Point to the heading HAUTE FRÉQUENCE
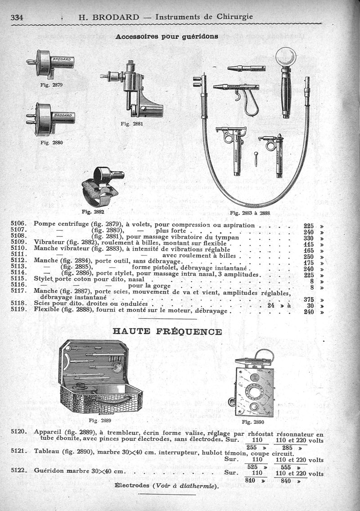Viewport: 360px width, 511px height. tap(166, 332)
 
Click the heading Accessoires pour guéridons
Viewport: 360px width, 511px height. tap(167, 36)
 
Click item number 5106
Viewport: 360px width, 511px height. tap(19, 225)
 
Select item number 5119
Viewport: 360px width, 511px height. tap(19, 310)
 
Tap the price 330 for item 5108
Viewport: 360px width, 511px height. tap(308, 238)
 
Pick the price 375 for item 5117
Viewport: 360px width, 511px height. tap(308, 299)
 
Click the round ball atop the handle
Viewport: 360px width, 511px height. tap(286, 57)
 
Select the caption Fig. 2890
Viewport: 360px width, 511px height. tap(253, 422)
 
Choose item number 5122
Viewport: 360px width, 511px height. tap(19, 471)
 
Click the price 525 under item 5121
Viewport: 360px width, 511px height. tap(253, 467)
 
